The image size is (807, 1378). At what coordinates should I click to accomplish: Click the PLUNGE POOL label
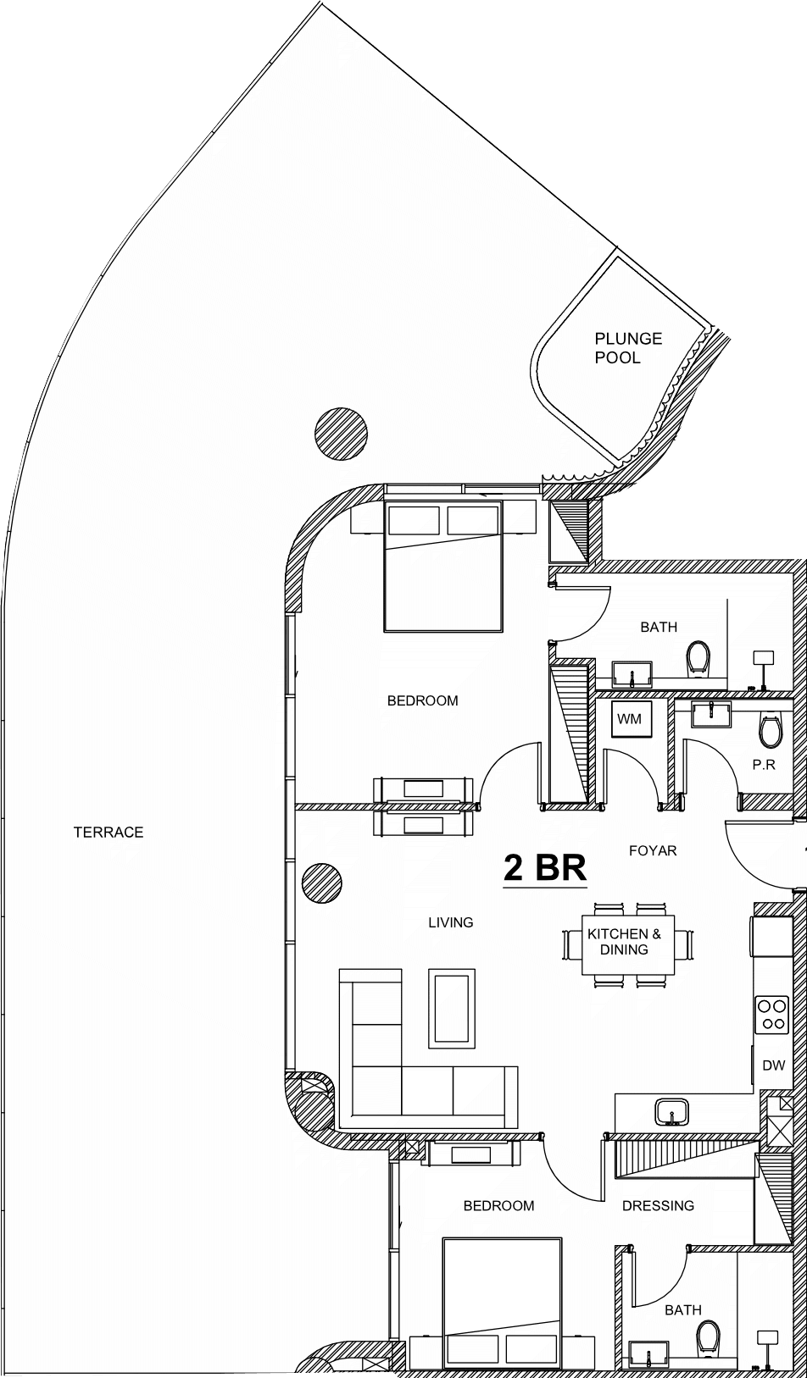pos(628,347)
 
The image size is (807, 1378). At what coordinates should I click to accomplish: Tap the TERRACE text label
pos(109,832)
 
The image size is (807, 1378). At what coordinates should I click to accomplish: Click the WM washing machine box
pos(629,718)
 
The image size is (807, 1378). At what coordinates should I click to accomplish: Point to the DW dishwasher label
pos(774,1065)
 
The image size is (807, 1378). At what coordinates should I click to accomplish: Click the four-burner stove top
pos(772,1015)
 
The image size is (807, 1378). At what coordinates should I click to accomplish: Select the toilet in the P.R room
pos(770,729)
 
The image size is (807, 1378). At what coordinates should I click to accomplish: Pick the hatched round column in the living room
pos(321,883)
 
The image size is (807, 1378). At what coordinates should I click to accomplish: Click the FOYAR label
pos(653,850)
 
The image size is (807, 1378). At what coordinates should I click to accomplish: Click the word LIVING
pos(451,922)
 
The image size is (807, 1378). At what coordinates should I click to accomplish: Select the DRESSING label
pos(658,1206)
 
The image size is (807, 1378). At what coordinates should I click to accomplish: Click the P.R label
pos(763,765)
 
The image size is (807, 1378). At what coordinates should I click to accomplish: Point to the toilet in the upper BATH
pos(698,658)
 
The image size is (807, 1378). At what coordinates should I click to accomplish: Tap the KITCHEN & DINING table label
pos(624,941)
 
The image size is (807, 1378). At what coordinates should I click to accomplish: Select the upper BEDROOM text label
pos(422,700)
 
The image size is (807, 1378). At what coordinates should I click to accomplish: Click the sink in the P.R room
pos(711,714)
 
